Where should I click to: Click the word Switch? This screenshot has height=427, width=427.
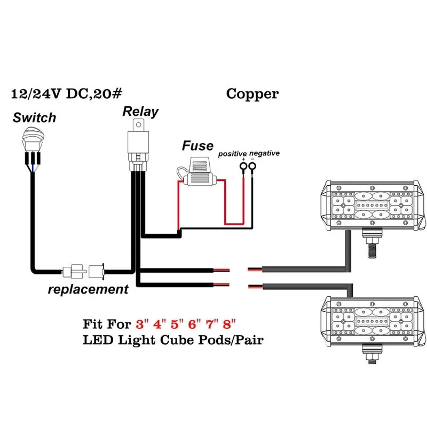pos(34,117)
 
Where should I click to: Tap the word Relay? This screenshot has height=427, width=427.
pos(140,112)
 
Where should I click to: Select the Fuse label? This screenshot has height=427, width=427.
pos(197,146)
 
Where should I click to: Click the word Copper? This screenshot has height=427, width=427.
pos(252,94)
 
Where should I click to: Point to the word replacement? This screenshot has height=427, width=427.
pos(88,290)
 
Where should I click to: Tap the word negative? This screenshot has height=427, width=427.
pos(265,154)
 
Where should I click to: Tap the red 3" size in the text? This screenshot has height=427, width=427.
pos(140,323)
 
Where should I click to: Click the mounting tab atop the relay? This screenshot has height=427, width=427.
pos(139,124)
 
